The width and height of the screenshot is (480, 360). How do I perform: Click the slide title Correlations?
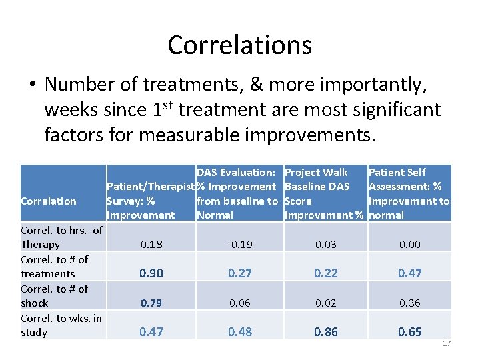tap(239, 45)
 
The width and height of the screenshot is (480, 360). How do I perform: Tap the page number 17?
tap(446, 343)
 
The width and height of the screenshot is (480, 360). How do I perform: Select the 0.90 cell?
tap(151, 273)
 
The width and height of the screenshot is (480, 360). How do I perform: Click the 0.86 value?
tap(326, 332)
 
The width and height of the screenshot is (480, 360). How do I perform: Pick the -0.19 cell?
tap(239, 245)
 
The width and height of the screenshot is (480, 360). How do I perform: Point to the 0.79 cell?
tap(151, 303)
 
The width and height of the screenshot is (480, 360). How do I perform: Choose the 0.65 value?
tap(409, 332)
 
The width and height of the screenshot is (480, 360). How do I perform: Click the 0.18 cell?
tap(151, 245)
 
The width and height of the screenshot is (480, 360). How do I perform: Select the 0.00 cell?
tap(409, 245)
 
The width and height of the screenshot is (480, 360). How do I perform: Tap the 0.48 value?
tap(239, 332)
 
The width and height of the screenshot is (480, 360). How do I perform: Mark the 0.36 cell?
tap(409, 303)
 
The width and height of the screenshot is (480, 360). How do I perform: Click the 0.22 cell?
tap(326, 273)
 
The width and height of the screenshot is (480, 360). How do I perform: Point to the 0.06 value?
tap(239, 303)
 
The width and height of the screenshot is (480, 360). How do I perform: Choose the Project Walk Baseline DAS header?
tap(325, 193)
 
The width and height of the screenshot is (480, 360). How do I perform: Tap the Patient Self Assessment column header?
tap(409, 193)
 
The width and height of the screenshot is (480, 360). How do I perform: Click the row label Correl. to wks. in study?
tap(61, 325)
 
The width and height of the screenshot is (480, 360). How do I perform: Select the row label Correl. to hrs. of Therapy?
tap(61, 237)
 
